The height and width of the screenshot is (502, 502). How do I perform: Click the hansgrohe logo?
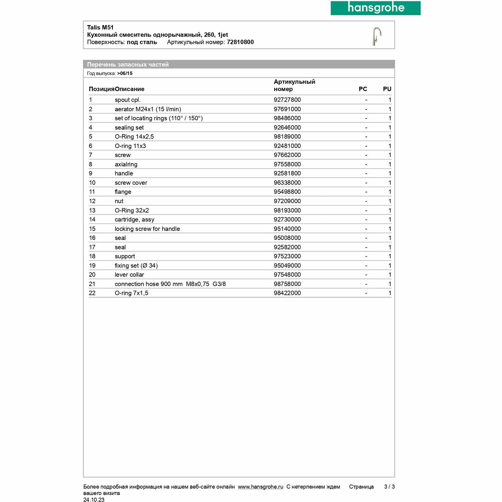375,8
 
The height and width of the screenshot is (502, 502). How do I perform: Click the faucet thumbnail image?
376,36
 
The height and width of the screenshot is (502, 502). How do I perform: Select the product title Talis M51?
100,27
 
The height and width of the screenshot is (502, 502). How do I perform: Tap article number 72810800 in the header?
240,42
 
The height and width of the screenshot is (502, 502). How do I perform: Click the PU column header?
387,89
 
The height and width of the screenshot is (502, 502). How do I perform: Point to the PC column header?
363,89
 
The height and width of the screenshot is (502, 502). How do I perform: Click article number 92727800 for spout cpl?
287,100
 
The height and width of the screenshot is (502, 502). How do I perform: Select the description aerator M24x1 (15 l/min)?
148,109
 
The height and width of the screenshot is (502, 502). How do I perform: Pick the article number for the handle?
287,173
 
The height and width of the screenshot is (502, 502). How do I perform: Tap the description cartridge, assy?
134,220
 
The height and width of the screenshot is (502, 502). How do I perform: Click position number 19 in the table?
92,265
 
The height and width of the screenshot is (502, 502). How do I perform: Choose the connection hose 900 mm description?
170,284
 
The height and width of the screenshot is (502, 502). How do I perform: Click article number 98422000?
287,293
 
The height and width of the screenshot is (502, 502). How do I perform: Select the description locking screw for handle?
147,229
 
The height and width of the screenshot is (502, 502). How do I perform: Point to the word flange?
123,192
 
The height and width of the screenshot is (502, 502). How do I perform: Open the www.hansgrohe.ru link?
260,487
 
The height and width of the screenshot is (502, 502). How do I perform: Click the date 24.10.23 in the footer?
94,500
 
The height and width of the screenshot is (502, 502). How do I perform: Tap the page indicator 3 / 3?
389,487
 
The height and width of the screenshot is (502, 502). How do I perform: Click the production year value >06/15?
125,73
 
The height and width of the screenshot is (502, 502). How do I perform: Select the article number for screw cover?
287,183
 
